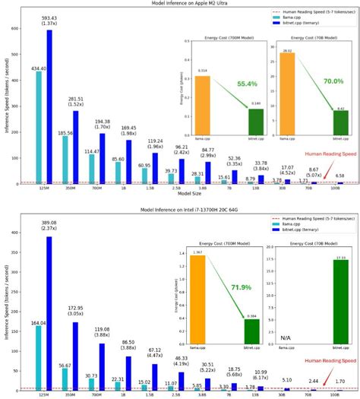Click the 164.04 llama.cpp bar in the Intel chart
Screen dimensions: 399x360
coord(39,348)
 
